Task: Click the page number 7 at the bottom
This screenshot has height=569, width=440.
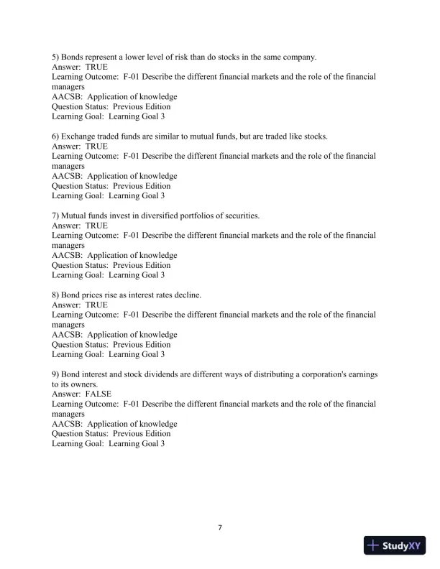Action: click(x=220, y=528)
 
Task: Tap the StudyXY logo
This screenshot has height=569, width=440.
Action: click(x=395, y=545)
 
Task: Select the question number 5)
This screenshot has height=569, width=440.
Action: click(x=57, y=57)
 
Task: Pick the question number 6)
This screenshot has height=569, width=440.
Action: click(x=57, y=137)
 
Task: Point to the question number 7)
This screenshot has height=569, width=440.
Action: click(x=57, y=216)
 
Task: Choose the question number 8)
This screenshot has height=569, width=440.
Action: click(x=57, y=295)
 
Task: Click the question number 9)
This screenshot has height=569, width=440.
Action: click(x=57, y=374)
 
